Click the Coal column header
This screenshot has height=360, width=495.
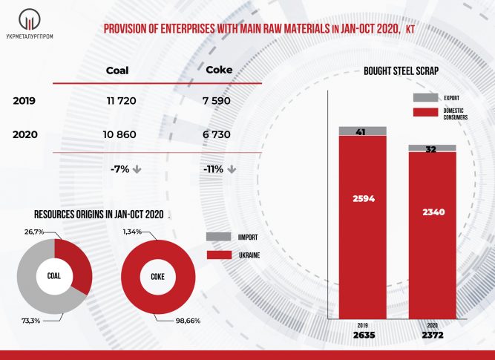pos(117,71)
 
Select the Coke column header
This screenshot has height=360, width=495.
pos(218,71)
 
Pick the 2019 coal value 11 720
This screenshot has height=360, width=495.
pos(120,100)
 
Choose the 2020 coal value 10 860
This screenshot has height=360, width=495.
pos(120,136)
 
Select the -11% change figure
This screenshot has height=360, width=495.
pos(214,169)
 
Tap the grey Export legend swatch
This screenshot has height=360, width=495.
pos(424,97)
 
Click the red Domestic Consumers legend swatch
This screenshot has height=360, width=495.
pos(424,113)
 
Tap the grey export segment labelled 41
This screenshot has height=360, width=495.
pos(362,131)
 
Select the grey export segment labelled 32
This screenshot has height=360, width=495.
pos(432,148)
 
